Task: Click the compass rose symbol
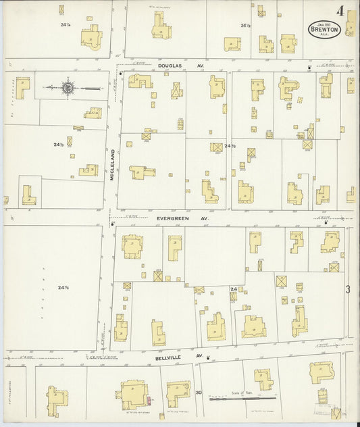(68, 87)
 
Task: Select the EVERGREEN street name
(176, 218)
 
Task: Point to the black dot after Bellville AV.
(208, 357)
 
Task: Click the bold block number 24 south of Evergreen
(233, 289)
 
